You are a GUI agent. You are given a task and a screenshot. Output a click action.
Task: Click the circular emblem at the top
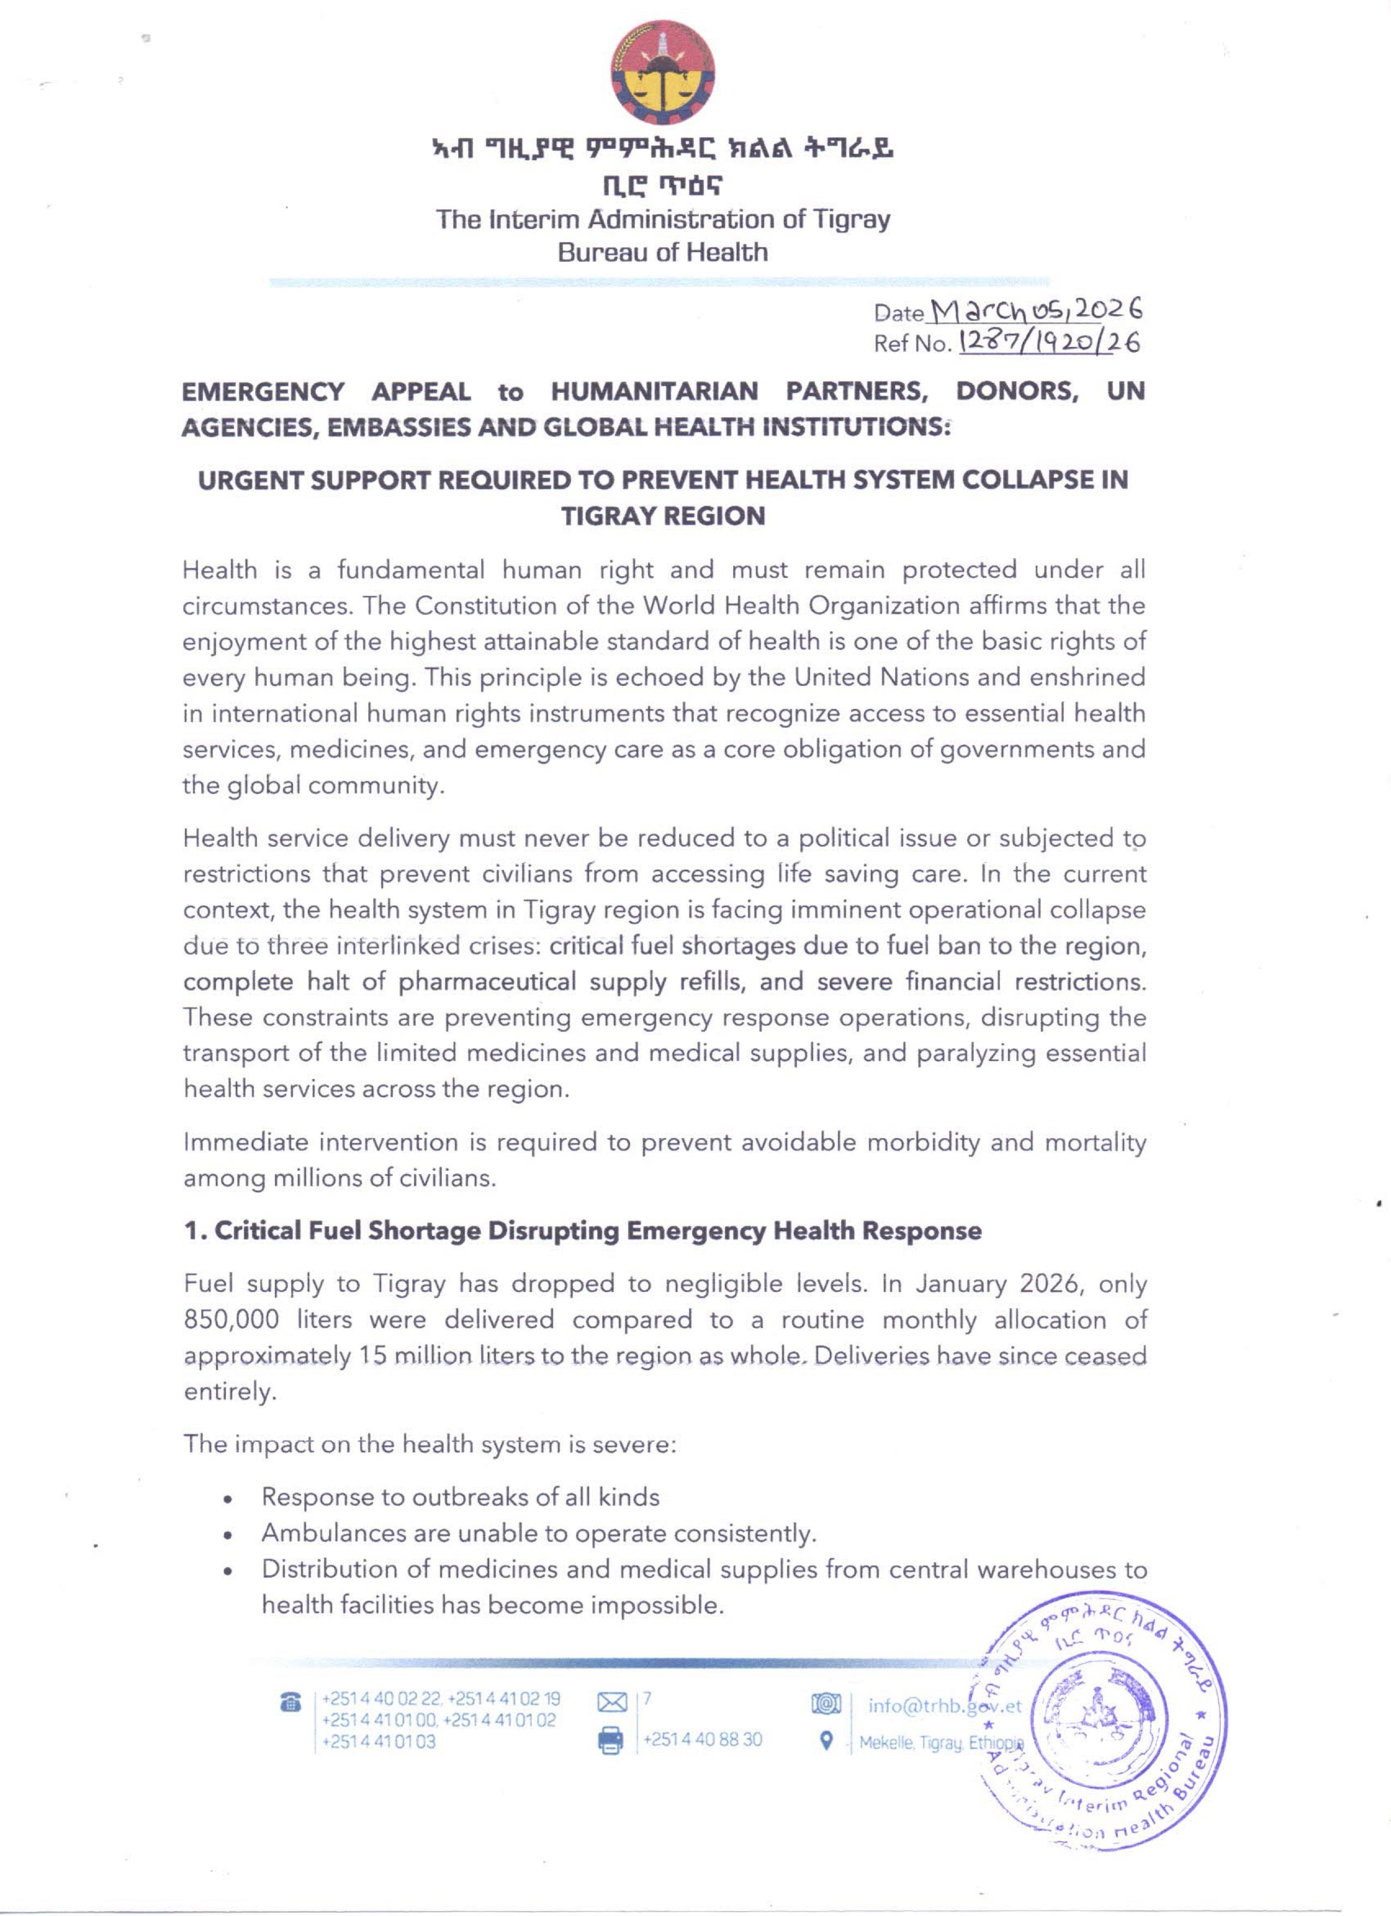[662, 73]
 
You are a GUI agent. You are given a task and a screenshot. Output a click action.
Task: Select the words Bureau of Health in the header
[662, 252]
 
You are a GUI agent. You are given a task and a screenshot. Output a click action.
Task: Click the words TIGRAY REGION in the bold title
[663, 516]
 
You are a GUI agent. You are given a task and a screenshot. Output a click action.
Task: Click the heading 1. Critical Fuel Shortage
[583, 1231]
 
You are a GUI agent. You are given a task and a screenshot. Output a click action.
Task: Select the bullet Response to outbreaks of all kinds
[460, 1496]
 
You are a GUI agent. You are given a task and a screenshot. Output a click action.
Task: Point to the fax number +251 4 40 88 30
[703, 1739]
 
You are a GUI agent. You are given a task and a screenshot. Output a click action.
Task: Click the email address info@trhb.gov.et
[944, 1705]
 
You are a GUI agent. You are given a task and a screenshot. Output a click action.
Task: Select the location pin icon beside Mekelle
[828, 1741]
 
